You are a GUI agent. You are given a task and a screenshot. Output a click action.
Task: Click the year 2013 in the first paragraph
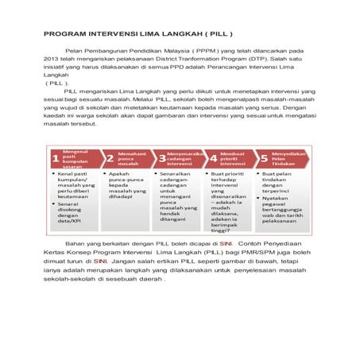point(52,59)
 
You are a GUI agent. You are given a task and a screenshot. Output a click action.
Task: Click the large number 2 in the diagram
point(110,158)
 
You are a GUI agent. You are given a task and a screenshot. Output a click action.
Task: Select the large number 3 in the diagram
point(162,158)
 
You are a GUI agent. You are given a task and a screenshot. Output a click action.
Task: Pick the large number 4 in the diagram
point(213,158)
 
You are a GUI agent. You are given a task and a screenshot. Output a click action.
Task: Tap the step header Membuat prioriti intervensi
point(234,158)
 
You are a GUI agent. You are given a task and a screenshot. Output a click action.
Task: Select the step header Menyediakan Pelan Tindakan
point(288,158)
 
